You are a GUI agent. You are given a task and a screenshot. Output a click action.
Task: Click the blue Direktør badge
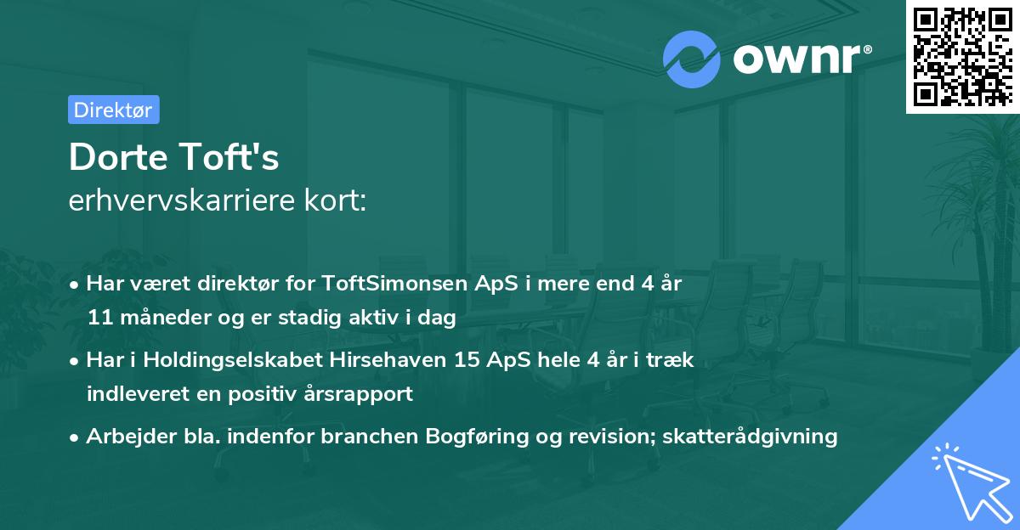pos(113,110)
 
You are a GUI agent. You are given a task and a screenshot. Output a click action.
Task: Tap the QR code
pos(963,56)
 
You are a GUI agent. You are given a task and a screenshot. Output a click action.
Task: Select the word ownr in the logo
pos(800,59)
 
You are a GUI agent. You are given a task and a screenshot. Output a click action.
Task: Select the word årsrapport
pos(369,394)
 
